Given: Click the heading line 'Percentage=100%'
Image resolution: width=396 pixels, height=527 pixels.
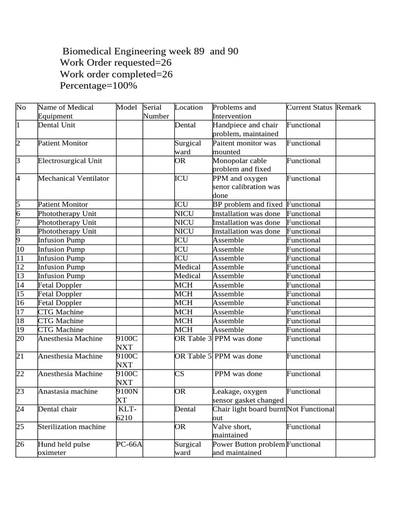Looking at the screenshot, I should pyautogui.click(x=98, y=85).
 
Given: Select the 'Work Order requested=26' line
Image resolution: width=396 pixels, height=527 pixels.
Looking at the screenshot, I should pyautogui.click(x=115, y=63).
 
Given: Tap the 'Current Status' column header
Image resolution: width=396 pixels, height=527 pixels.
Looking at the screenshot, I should pyautogui.click(x=309, y=108).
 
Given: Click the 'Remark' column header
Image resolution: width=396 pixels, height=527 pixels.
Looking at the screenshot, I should pyautogui.click(x=349, y=108).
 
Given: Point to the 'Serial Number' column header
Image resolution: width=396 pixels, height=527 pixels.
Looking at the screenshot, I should pyautogui.click(x=156, y=112).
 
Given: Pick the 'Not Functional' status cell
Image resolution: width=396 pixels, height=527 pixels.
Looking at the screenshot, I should pyautogui.click(x=310, y=409).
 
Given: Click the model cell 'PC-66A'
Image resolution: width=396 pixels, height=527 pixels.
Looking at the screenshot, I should pyautogui.click(x=129, y=444).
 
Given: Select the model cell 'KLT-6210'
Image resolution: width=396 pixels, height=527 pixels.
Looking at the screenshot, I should pyautogui.click(x=128, y=413).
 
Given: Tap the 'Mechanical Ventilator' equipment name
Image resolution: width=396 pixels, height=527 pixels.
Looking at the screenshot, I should pyautogui.click(x=74, y=179).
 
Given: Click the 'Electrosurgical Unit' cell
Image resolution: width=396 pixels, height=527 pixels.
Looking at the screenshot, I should pyautogui.click(x=70, y=161).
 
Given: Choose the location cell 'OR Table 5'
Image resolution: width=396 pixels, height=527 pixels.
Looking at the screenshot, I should pyautogui.click(x=193, y=356).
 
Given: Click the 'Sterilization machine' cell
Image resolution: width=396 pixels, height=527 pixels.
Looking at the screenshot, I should pyautogui.click(x=72, y=427).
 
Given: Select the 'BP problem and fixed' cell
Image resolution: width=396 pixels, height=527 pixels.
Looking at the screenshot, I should pyautogui.click(x=248, y=204).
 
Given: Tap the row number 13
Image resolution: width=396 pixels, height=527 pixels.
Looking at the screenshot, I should pyautogui.click(x=21, y=276).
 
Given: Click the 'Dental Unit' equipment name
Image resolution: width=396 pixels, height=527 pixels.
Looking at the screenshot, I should pyautogui.click(x=56, y=125).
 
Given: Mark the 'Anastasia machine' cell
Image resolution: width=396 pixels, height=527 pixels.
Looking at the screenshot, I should pyautogui.click(x=68, y=392).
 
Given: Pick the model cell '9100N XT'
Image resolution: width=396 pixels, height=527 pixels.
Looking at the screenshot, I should pyautogui.click(x=128, y=396).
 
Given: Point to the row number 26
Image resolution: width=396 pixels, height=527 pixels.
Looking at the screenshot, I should pyautogui.click(x=21, y=444).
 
